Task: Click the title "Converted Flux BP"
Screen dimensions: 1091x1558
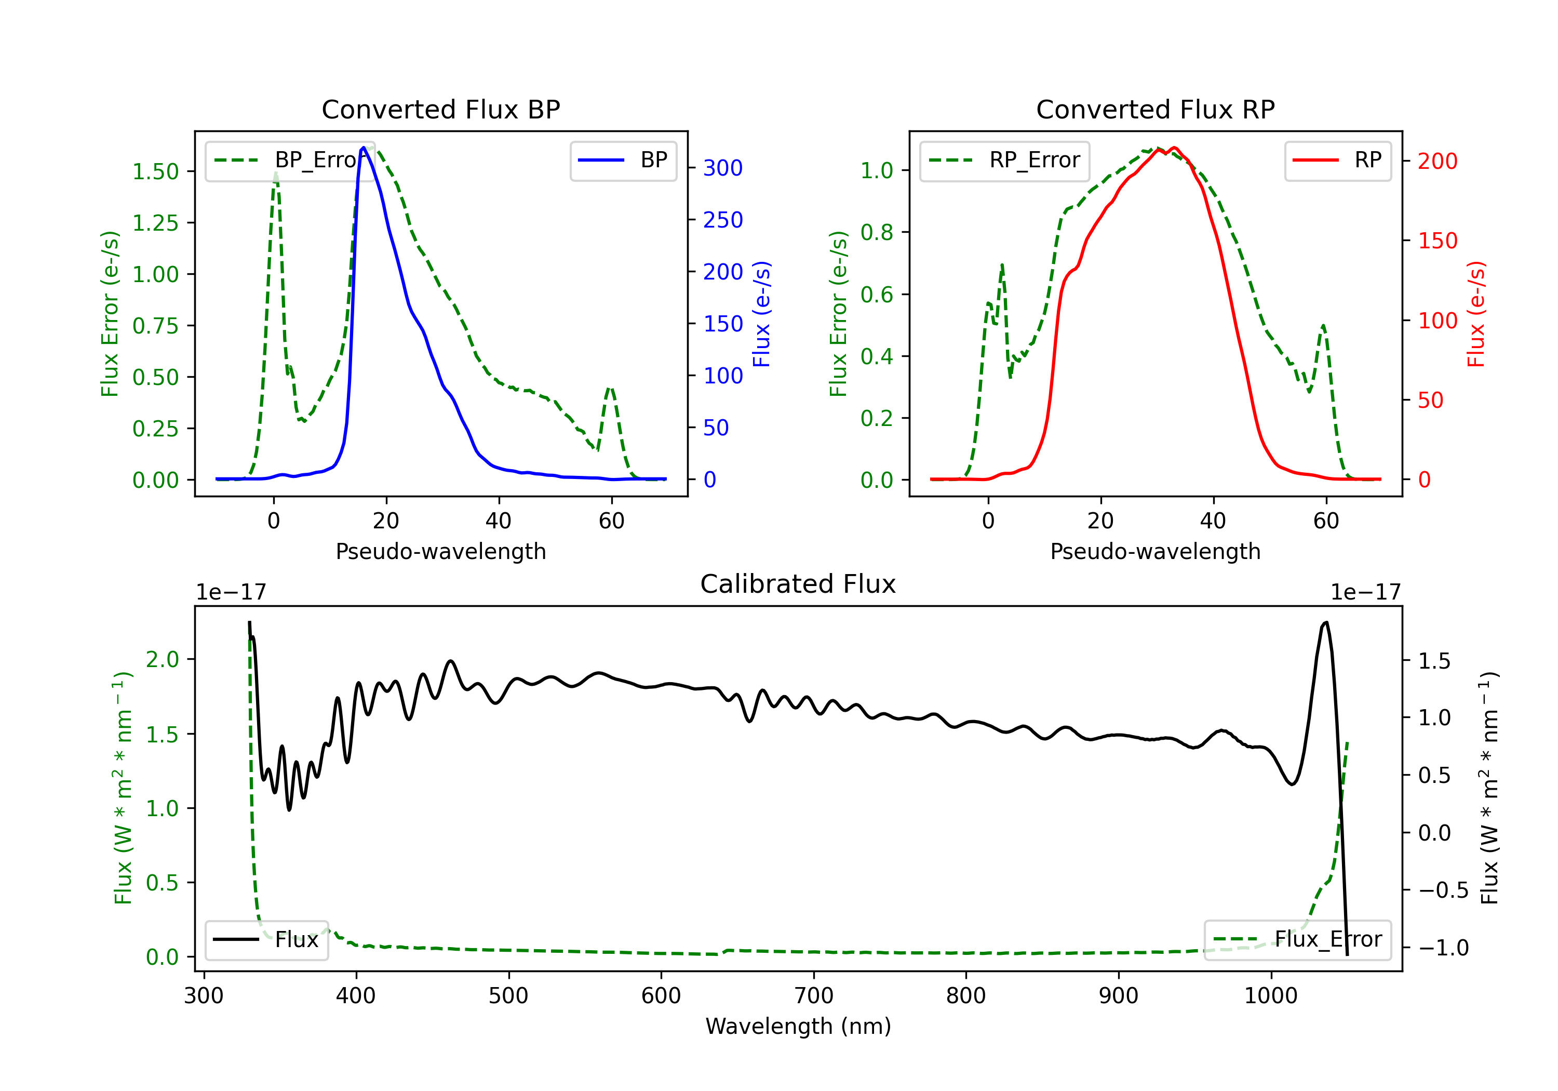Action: click(x=440, y=109)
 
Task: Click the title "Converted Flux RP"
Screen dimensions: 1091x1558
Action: click(x=1155, y=109)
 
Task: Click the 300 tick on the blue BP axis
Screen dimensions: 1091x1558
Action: click(x=723, y=168)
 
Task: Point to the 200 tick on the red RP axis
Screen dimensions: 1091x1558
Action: click(x=1437, y=161)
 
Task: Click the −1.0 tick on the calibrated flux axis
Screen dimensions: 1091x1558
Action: click(x=1443, y=948)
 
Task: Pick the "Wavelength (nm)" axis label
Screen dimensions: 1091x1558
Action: click(x=798, y=1027)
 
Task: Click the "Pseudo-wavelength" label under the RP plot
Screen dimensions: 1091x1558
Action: click(x=1155, y=551)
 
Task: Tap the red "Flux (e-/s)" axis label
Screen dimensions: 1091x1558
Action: click(x=1476, y=314)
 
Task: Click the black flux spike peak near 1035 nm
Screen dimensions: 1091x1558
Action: click(x=1326, y=622)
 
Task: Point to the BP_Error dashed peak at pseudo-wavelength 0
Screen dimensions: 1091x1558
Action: click(x=275, y=174)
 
